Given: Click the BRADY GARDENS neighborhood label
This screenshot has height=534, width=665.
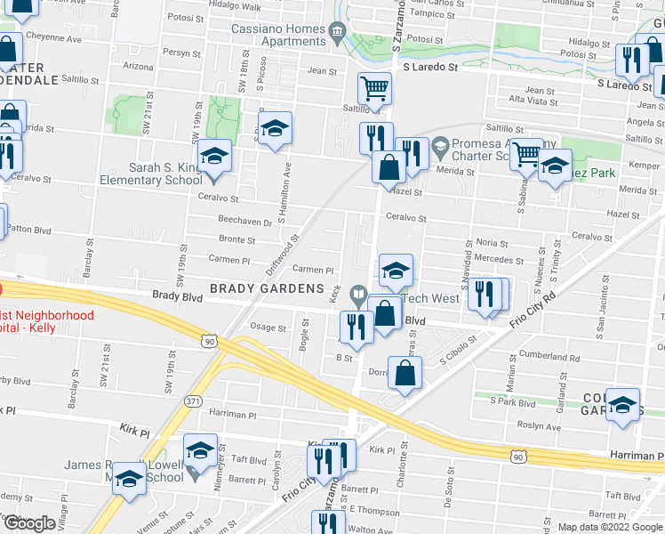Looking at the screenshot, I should tap(267, 288).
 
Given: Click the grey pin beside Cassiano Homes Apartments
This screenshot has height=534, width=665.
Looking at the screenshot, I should tap(337, 35).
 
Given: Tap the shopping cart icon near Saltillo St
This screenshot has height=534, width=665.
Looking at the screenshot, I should tap(375, 88).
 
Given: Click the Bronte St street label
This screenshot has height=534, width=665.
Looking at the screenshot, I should tap(237, 239).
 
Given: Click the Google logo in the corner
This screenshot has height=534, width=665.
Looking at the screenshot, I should tap(29, 523).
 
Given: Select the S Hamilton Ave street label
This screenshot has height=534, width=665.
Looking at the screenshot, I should tap(287, 174).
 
